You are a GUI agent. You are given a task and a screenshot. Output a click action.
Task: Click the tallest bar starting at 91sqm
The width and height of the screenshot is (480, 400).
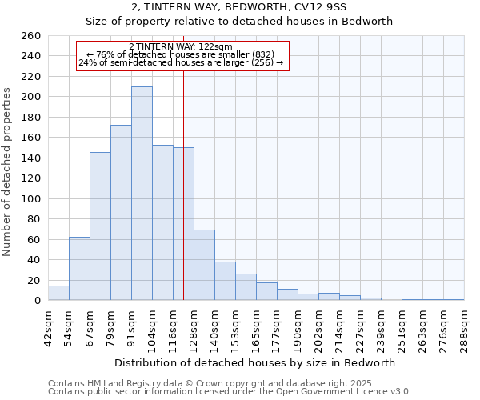pos(142,194)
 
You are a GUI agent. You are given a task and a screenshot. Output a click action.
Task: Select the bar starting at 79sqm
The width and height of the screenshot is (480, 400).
pos(121,213)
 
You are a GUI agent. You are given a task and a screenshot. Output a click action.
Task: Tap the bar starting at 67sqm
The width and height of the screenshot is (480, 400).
pos(100,226)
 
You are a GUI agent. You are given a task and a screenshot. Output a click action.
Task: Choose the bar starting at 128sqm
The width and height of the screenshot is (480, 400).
pos(204,265)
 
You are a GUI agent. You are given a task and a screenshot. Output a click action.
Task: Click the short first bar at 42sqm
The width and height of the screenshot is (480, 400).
pos(58,293)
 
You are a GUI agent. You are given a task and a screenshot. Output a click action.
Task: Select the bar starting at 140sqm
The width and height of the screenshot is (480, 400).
pos(225,281)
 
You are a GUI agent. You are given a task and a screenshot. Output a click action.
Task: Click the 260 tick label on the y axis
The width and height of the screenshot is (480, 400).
pos(30,36)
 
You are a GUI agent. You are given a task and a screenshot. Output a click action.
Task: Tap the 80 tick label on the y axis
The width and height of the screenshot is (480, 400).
pos(33,219)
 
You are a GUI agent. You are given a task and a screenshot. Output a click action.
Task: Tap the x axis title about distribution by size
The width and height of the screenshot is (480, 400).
pos(255,362)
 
